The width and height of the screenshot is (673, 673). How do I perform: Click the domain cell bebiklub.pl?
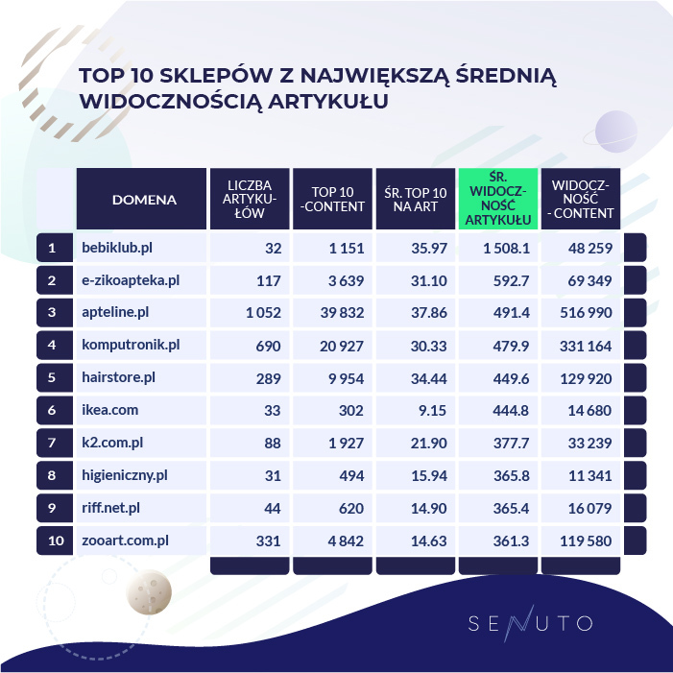pos(116,249)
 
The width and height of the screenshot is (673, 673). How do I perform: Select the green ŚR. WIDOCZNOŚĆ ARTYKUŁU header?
pos(496,199)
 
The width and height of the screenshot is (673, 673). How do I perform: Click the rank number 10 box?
pos(56,541)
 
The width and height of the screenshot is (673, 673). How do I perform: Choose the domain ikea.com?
pos(110,410)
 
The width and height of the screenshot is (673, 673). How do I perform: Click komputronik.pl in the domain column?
pos(132,346)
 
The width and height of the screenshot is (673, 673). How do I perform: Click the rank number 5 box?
pos(56,378)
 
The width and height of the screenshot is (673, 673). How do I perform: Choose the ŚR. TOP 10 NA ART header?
pos(414,199)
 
